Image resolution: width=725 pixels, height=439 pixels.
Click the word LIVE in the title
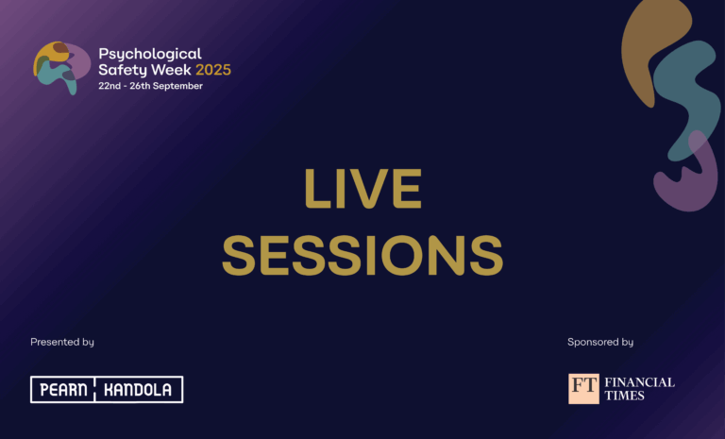(x=362, y=190)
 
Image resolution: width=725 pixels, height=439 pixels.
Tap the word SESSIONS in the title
(x=362, y=255)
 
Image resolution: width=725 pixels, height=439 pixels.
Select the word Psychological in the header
(x=150, y=54)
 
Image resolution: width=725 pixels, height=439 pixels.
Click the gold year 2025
(x=213, y=70)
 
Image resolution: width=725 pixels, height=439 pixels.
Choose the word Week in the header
(x=168, y=70)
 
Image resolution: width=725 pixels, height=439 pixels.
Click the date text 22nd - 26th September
(x=150, y=86)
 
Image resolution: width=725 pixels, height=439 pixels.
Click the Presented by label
(x=62, y=342)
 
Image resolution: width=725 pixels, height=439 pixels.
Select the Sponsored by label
(x=600, y=342)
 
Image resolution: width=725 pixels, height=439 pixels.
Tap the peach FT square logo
(x=583, y=388)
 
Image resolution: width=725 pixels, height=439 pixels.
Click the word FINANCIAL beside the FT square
(x=639, y=382)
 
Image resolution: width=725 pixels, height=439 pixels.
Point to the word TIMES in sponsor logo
(x=624, y=396)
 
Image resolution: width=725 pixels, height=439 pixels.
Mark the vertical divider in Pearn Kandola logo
(x=106, y=389)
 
